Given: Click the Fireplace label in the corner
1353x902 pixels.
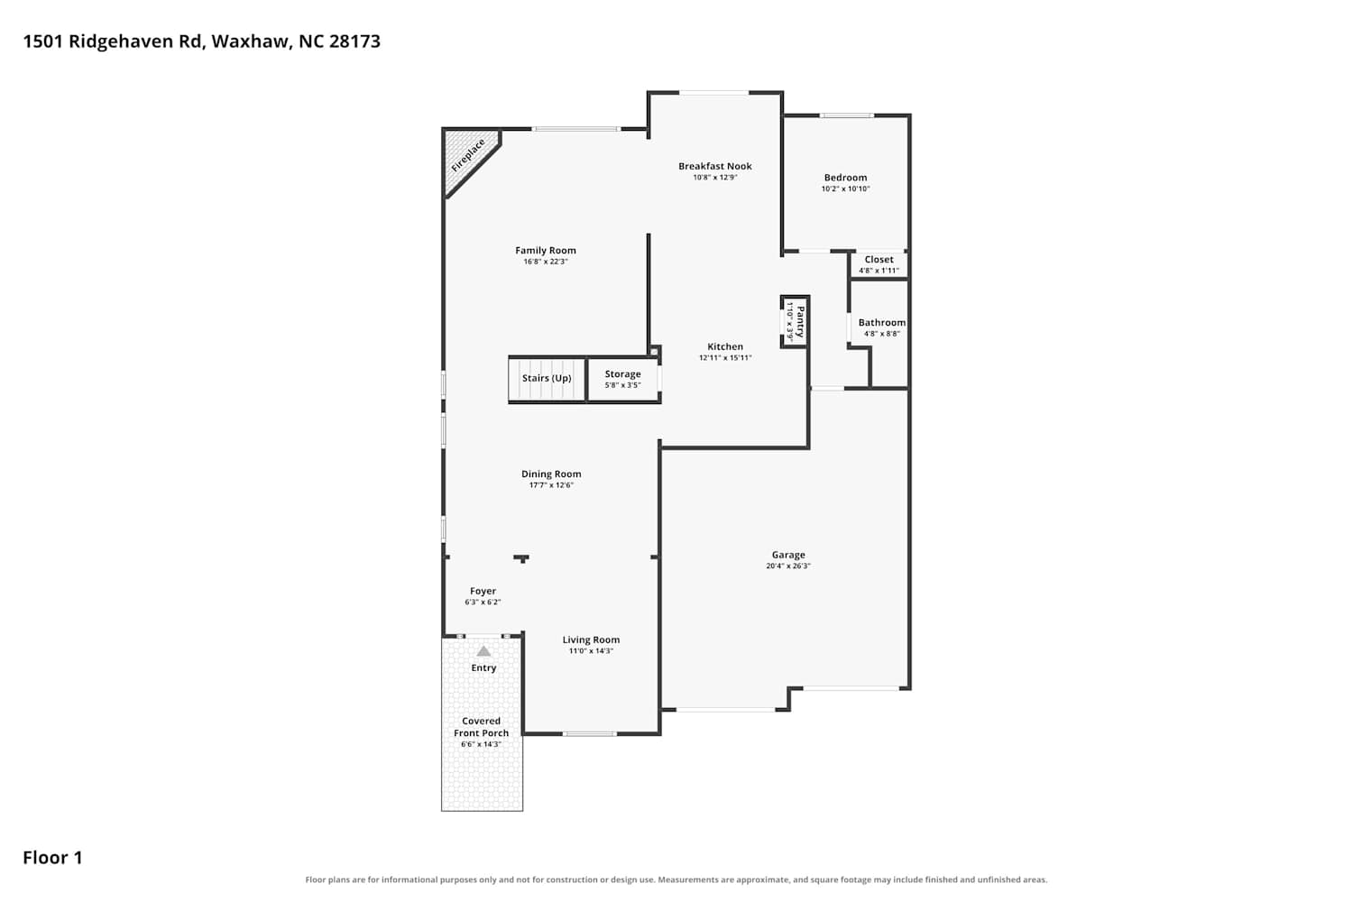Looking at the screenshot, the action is click(x=468, y=155).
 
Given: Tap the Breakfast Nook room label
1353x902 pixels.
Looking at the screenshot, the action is click(x=715, y=166).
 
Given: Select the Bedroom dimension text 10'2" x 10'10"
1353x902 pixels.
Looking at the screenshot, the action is click(x=846, y=189).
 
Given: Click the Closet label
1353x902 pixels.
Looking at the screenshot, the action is click(x=879, y=259).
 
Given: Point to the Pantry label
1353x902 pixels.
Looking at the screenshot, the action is click(x=800, y=321).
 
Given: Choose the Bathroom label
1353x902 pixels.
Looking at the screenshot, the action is click(x=882, y=323).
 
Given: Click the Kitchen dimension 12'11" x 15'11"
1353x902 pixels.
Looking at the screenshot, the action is click(x=725, y=358).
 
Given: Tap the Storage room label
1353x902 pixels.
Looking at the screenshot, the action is click(x=622, y=374).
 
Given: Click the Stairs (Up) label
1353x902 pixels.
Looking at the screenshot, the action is click(x=547, y=378).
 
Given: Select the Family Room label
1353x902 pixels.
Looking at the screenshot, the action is click(x=546, y=250).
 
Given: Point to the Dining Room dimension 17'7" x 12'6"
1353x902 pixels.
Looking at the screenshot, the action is click(x=551, y=485).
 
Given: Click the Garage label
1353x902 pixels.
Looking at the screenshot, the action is click(x=788, y=556).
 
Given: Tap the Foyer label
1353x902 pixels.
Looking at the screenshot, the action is click(x=483, y=592).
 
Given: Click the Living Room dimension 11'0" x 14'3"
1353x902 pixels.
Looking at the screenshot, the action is click(x=592, y=650).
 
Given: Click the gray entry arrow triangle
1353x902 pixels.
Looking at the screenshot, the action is click(x=483, y=651).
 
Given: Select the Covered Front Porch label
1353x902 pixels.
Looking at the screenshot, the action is click(x=482, y=727).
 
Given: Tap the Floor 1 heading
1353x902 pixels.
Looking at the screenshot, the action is click(x=52, y=857).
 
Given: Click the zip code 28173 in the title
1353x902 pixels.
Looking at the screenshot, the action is click(x=354, y=41).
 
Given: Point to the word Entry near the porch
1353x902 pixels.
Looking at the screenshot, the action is click(x=483, y=668).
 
